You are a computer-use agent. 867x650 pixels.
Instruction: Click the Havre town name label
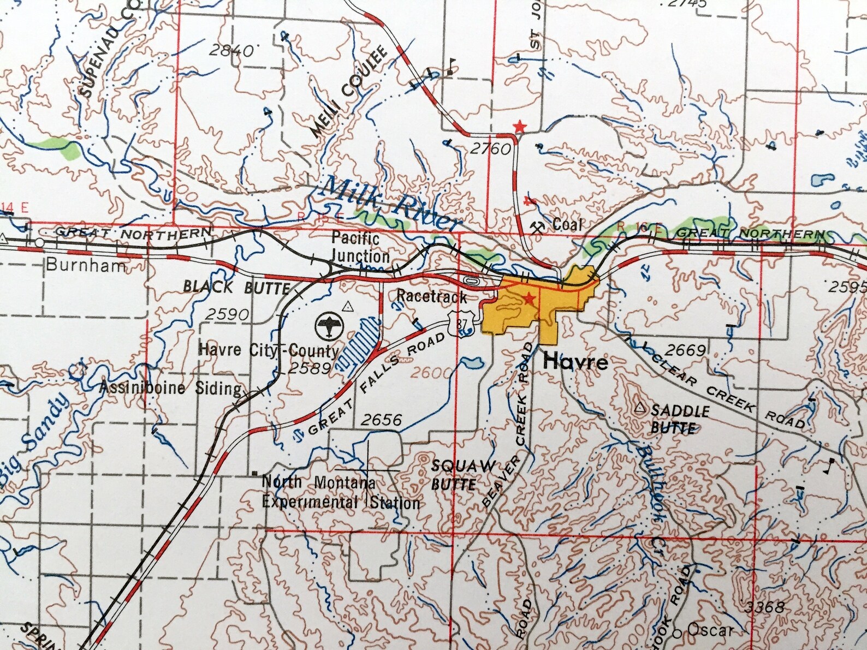575,362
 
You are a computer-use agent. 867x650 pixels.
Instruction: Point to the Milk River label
390,206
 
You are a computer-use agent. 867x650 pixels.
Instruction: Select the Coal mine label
567,224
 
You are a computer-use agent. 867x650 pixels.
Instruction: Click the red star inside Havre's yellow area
528,299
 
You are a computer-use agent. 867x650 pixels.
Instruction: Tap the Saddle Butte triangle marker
640,407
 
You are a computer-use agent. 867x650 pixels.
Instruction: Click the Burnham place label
86,265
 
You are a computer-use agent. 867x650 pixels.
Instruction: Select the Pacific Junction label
359,247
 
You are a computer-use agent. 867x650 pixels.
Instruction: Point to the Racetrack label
431,297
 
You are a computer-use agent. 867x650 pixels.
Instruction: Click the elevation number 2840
231,51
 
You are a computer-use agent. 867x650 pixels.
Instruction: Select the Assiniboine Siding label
171,388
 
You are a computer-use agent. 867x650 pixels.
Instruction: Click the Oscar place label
709,630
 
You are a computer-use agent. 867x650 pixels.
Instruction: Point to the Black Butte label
236,287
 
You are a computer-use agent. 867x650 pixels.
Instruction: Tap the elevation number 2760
490,148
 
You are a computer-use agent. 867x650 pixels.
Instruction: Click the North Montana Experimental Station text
341,493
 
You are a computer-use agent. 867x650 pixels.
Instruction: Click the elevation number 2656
381,420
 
